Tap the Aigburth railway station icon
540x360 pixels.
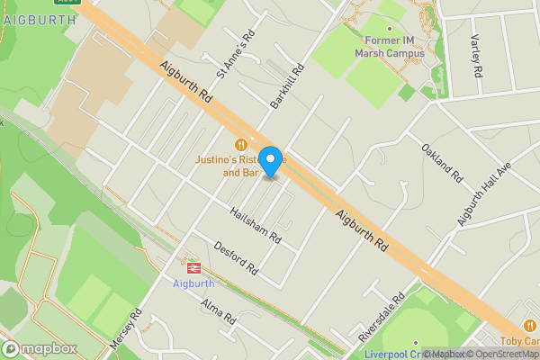(193, 267)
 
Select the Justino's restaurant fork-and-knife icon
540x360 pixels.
(240, 144)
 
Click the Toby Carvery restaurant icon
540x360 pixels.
(530, 325)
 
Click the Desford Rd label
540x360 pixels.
(237, 257)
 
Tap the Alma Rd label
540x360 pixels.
(218, 311)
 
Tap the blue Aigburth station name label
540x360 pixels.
(193, 283)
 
